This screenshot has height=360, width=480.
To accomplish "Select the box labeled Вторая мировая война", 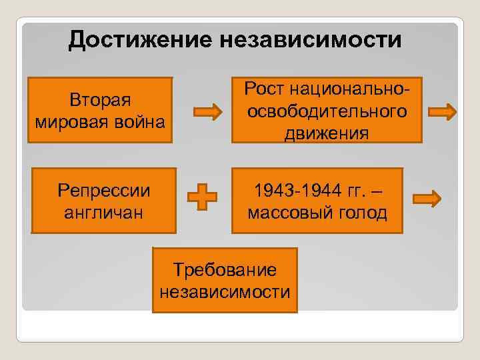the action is click(x=100, y=110).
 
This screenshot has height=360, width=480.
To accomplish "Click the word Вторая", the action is click(x=100, y=99).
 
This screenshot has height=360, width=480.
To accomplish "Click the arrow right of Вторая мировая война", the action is click(x=208, y=111).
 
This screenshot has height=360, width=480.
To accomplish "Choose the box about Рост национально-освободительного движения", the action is click(x=327, y=110).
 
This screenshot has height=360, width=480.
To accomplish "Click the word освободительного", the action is click(x=327, y=111).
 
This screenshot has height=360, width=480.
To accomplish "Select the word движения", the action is click(x=327, y=133).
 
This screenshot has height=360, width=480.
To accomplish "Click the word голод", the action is click(x=362, y=213).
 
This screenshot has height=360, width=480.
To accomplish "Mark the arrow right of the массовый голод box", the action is click(x=427, y=198).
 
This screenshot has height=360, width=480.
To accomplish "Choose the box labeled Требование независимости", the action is click(x=225, y=280).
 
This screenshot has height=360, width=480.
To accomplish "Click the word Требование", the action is click(x=225, y=269).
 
